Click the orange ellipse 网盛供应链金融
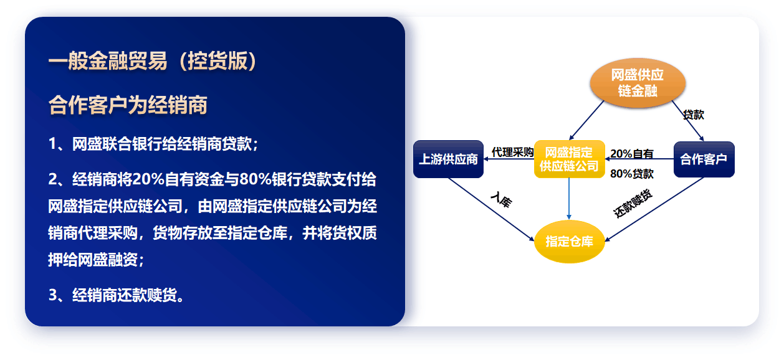pos(638,83)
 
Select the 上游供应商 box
pos(448,159)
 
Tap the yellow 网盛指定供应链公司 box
pos(569,159)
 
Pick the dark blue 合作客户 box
pos(704,159)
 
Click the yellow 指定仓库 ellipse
pos(569,242)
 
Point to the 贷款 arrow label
pos(694,115)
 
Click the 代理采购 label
pos(512,152)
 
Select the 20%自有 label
pos(632,154)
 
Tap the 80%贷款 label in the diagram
pos(632,174)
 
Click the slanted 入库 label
pos(502,200)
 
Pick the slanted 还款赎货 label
pos(633,204)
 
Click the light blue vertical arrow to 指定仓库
pos(569,199)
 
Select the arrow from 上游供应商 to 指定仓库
pos(491,209)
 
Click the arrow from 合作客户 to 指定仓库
pos(654,209)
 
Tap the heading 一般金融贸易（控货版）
pos(153,61)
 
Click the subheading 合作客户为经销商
pos(128,105)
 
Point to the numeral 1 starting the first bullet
pos(52,144)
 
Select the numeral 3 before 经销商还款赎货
pos(53,295)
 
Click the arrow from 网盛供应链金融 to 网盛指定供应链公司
pos(586,120)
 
